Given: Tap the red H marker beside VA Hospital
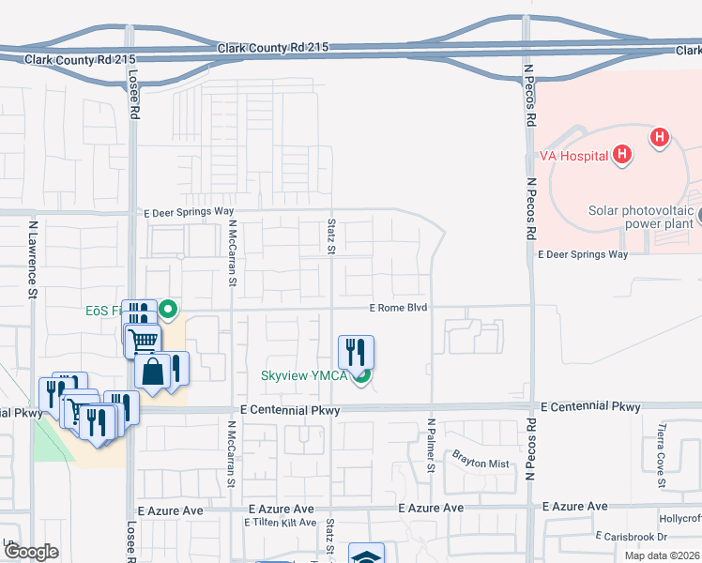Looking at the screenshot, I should (621, 154).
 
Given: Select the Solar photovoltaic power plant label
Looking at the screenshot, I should (641, 218).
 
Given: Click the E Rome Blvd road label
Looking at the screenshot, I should (398, 308).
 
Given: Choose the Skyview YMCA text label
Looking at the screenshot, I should (303, 376).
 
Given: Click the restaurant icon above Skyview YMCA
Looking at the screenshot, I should (356, 352).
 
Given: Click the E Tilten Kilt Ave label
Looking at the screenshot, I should (282, 522).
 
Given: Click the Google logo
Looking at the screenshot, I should (32, 552).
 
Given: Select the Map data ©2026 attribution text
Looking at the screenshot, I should (661, 555).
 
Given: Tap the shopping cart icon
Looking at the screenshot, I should (143, 340).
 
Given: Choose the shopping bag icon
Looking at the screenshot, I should (152, 371).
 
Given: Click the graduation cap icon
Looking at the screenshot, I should (366, 555).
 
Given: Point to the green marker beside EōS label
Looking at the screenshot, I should (168, 308).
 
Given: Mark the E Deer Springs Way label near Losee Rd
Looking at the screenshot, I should (188, 212).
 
